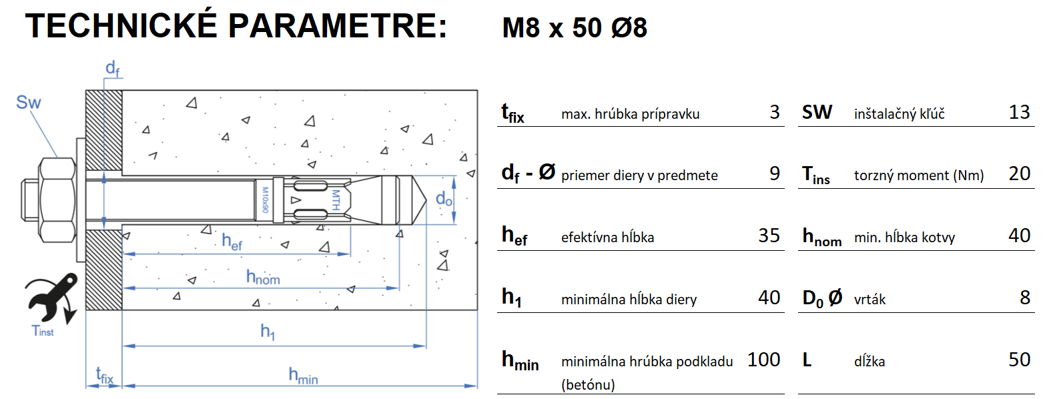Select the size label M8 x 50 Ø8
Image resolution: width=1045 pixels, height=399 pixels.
[574, 28]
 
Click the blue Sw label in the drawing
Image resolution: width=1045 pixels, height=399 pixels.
[29, 102]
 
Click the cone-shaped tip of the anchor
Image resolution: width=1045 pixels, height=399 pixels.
[414, 198]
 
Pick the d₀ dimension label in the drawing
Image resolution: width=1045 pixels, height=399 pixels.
[444, 199]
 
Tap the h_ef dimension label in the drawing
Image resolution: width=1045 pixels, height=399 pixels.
[232, 241]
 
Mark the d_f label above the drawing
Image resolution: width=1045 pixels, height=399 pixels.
[113, 69]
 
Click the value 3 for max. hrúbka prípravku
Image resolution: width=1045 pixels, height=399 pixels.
[774, 112]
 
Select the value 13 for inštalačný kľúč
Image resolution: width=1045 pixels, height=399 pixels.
[1020, 112]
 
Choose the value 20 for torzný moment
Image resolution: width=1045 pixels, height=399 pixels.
[1020, 173]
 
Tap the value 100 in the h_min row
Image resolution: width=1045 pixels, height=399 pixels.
[763, 360]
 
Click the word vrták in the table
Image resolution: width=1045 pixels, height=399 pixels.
[870, 300]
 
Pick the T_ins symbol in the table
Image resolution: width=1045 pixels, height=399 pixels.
[816, 175]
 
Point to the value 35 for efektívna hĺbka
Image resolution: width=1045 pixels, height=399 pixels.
[769, 236]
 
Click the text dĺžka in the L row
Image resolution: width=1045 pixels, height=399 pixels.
[869, 362]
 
